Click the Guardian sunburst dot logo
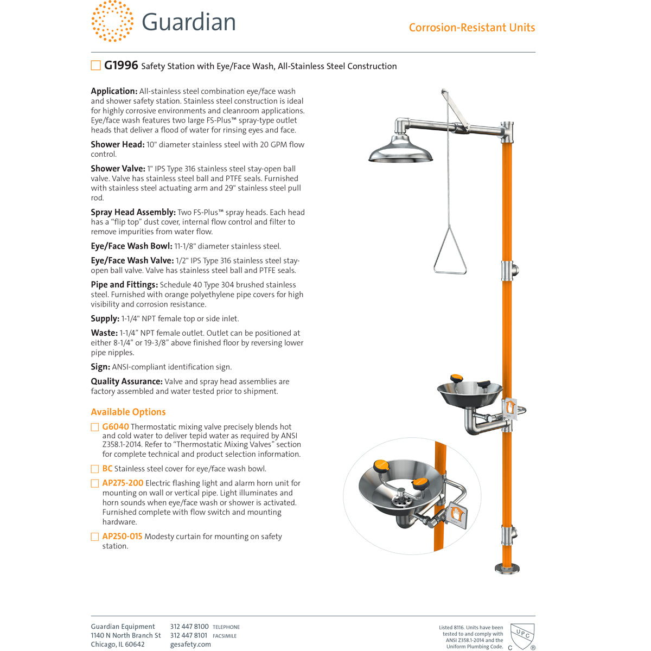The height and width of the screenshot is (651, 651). pos(112,21)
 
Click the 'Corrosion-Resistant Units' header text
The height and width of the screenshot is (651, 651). pos(471,28)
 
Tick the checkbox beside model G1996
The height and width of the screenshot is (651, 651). pos(95,66)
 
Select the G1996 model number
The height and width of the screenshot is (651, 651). pos(121,66)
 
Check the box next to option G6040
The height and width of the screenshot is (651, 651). pos(95,427)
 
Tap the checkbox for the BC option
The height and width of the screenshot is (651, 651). pos(95,469)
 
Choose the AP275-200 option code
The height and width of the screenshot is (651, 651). pos(123,483)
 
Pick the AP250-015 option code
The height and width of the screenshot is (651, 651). pos(122,537)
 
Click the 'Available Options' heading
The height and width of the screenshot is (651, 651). pos(128,412)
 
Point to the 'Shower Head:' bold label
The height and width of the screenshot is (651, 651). pos(117,144)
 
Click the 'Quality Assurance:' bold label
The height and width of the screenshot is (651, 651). pos(126,381)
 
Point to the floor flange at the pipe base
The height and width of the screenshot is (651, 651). pos(507,568)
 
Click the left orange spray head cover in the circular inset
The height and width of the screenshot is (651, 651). pos(382,465)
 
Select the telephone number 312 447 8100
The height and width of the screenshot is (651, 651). pos(189,627)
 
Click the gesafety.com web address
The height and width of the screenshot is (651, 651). pos(190,644)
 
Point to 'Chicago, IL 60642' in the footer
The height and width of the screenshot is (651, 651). pos(118,644)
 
